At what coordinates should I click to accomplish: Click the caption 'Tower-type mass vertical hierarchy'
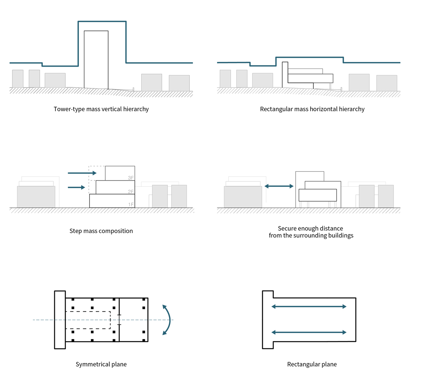pos(101,109)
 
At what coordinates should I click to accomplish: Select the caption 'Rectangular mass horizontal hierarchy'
pos(312,109)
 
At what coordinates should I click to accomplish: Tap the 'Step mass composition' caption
pos(101,231)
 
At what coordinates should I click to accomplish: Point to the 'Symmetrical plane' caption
pos(101,364)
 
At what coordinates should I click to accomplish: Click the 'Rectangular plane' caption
pos(312,364)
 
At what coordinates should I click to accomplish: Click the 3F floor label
pos(131,178)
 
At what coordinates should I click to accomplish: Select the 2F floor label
pos(131,191)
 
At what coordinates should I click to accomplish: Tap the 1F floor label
pos(131,205)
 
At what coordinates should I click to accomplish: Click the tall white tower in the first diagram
pos(96,60)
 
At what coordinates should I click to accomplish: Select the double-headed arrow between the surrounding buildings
pos(279,186)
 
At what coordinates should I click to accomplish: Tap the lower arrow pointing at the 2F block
pos(76,187)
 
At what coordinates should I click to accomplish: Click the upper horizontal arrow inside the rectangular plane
pos(309,306)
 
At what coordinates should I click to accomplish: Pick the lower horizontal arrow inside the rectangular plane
pos(309,332)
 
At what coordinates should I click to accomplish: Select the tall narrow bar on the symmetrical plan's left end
pos(60,320)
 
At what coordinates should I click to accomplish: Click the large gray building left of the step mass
pos(36,197)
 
